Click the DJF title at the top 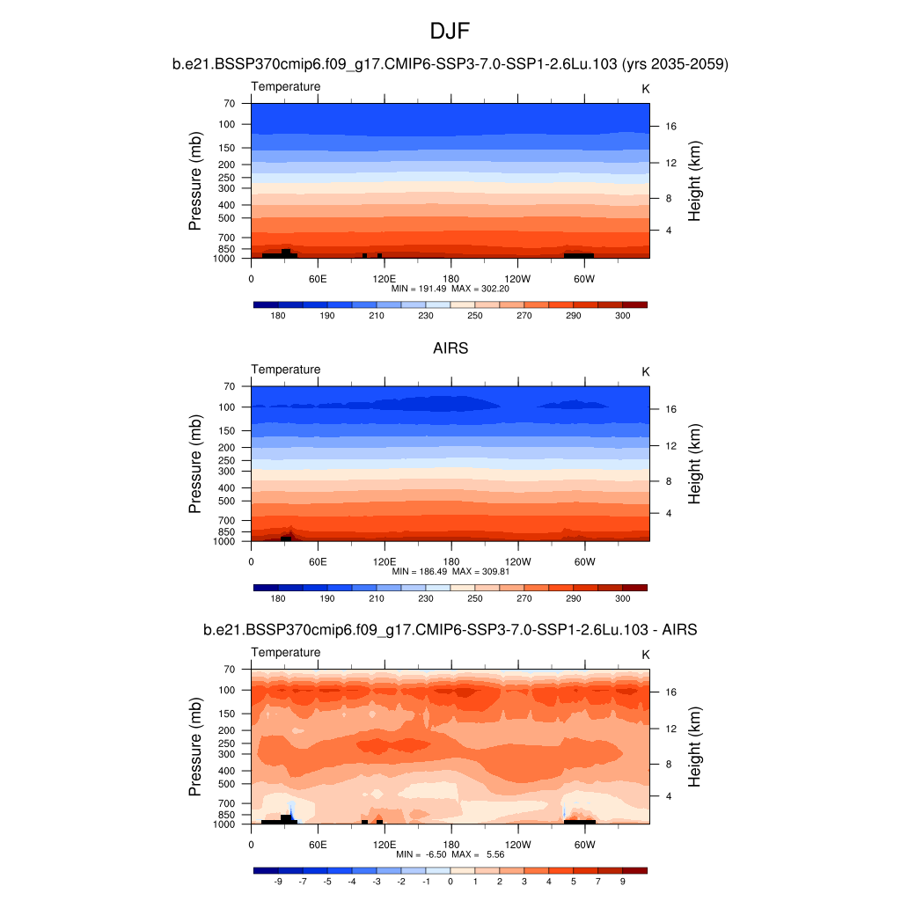coord(450,32)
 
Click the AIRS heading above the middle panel coord(450,348)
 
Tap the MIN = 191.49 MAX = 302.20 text coord(450,288)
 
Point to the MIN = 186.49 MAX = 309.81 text coord(450,571)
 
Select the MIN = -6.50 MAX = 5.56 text coord(450,854)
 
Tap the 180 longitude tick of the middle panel coord(451,561)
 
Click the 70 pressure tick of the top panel coord(229,104)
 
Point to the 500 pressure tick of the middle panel coord(227,502)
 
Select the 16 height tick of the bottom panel coord(670,692)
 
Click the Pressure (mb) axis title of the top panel coord(195,181)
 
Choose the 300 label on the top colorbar coord(623,316)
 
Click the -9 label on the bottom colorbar coord(278,881)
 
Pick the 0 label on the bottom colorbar coord(450,881)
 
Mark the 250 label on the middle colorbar coord(475,598)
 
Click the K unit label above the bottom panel coord(645,655)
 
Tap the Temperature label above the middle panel coord(286,370)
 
